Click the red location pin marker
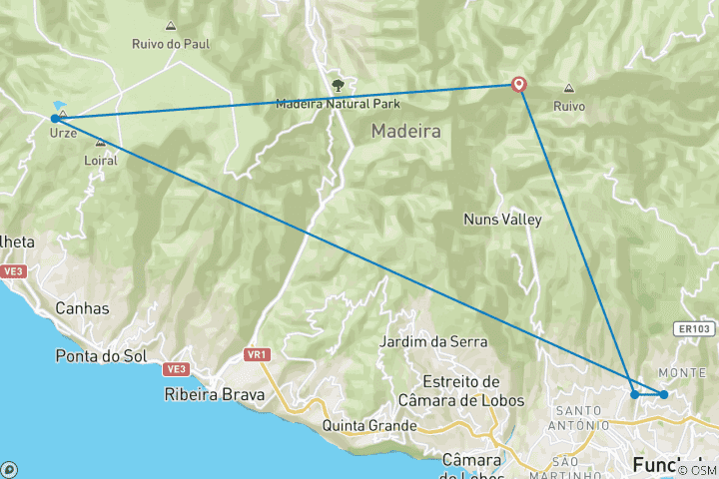(x=519, y=85)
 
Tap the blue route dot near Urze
(x=55, y=119)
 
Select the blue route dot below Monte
(x=663, y=394)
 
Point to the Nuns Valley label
(x=502, y=220)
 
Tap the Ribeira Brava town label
(x=215, y=394)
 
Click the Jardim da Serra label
(x=434, y=342)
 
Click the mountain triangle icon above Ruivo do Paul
(x=170, y=26)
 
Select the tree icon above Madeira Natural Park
(x=337, y=85)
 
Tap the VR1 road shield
(x=258, y=354)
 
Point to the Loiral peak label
(x=101, y=160)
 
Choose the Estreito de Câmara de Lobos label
(x=460, y=390)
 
